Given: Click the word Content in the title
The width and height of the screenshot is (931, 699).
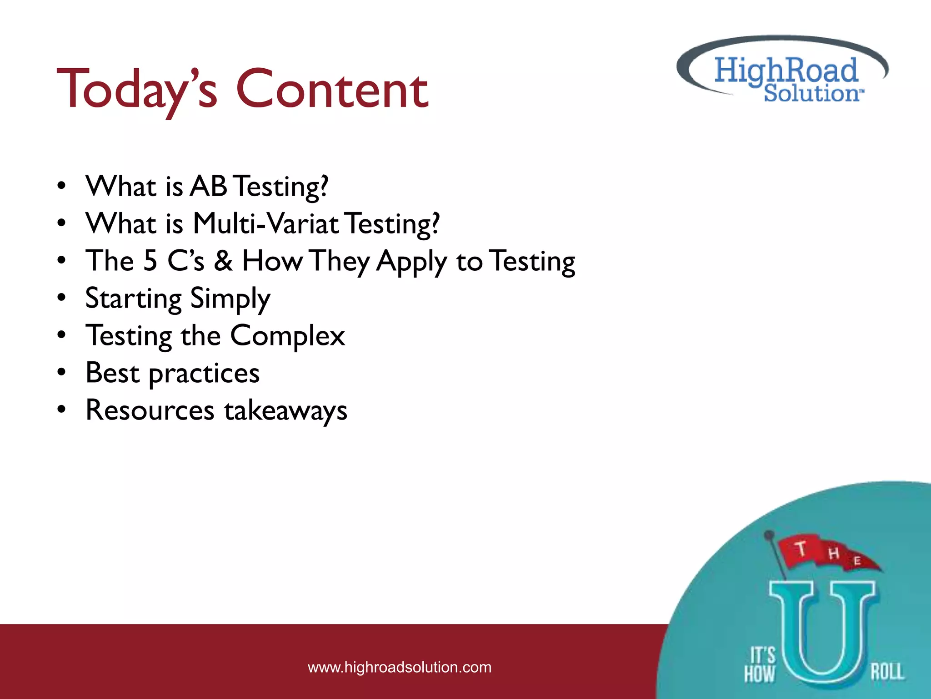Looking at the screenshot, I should tap(332, 90).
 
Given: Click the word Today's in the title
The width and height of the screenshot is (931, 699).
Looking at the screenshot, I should tap(136, 90).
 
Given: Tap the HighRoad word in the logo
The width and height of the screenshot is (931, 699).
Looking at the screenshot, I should tap(786, 71).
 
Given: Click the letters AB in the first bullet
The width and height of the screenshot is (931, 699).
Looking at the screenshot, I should tap(208, 186).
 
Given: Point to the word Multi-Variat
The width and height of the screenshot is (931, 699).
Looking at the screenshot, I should tap(265, 223).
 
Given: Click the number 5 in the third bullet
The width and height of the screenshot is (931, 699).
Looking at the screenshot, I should tap(150, 261).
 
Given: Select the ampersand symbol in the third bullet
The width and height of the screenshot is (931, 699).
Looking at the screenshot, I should tap(223, 261).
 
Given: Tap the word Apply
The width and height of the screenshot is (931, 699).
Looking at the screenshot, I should tap(412, 263).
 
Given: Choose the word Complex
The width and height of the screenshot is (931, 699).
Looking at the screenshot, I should tap(287, 336).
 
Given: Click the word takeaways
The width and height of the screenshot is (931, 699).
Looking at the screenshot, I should tap(285, 411).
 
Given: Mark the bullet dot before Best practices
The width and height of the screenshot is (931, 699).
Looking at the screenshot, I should tap(61, 373).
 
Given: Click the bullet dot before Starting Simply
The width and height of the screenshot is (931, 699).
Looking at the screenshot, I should tap(61, 298).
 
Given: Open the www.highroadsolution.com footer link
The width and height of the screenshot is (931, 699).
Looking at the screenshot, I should tap(399, 667).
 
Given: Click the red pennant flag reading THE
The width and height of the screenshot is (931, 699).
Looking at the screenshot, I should tap(827, 553).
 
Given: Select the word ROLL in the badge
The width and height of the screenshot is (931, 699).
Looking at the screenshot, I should tap(887, 672).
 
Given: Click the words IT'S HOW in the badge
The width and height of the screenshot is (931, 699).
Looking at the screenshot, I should tap(760, 664).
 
